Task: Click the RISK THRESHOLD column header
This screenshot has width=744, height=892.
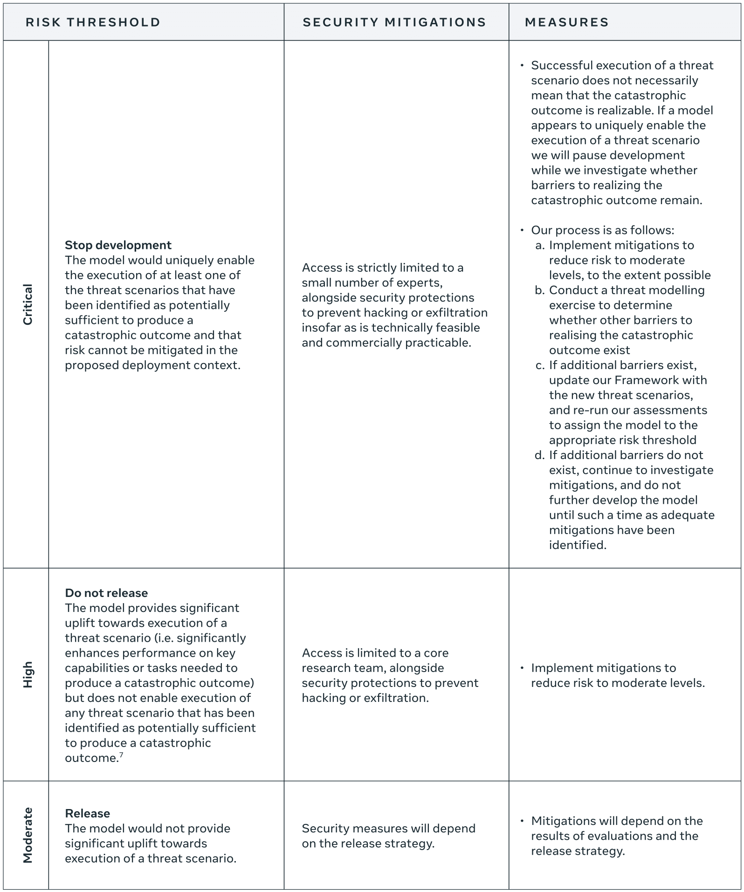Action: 93,22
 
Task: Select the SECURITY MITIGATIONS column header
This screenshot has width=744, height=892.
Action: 394,22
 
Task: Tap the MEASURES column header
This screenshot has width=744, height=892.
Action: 566,22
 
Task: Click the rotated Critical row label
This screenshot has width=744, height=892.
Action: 28,304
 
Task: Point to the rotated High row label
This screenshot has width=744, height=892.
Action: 28,674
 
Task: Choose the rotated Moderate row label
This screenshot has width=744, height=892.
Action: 28,835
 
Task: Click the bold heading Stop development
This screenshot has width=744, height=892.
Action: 118,245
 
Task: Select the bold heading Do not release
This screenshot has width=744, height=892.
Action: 106,593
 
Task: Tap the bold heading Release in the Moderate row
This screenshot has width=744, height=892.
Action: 88,813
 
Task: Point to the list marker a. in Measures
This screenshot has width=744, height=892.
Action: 540,246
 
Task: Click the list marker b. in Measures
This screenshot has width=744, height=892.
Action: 540,290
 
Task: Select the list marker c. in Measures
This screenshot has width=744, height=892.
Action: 540,365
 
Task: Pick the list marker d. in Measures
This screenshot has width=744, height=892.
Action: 540,455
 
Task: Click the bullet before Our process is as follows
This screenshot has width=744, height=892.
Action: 522,230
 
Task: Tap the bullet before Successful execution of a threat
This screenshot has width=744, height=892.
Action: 522,66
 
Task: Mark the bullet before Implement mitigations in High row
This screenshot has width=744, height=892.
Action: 522,668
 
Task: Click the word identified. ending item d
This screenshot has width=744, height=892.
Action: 578,545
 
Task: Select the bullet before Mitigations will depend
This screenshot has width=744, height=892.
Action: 522,821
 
